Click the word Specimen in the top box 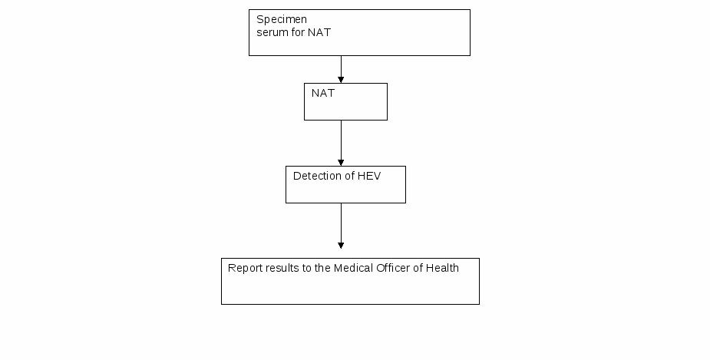click(282, 20)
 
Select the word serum click(267, 32)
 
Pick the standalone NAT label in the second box click(323, 93)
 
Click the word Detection click(315, 176)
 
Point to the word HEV click(369, 176)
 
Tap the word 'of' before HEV click(348, 176)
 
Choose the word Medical click(353, 268)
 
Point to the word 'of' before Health click(418, 268)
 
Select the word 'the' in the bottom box click(322, 268)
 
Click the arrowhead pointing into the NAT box click(341, 80)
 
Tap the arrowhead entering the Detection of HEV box click(341, 163)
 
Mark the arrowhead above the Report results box click(341, 246)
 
